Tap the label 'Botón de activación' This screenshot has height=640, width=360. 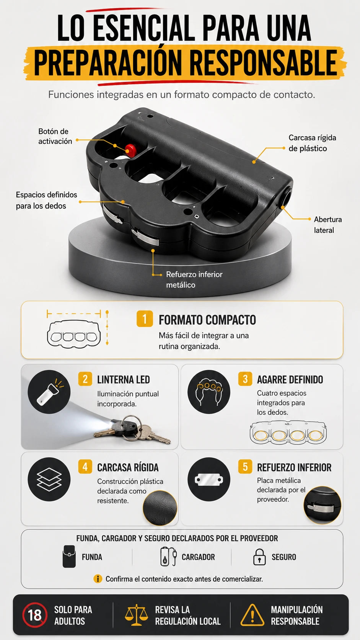[55, 136]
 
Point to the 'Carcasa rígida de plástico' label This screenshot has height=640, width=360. [312, 143]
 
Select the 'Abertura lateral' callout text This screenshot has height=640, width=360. [328, 225]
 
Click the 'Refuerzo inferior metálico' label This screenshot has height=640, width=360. [194, 279]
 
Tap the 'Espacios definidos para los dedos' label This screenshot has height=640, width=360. [47, 200]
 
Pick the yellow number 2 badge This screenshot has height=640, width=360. [85, 379]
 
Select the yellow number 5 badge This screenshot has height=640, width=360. [245, 467]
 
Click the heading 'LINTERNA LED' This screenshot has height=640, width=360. [123, 380]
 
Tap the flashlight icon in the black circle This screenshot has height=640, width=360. [49, 392]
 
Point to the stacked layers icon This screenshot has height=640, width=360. [49, 479]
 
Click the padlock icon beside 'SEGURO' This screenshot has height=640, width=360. [259, 557]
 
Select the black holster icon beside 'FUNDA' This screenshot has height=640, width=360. [69, 556]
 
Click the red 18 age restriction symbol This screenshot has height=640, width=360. [35, 615]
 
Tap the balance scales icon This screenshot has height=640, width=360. [137, 615]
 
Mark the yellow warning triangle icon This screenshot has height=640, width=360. [252, 615]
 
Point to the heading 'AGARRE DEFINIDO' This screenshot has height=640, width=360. [290, 380]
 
